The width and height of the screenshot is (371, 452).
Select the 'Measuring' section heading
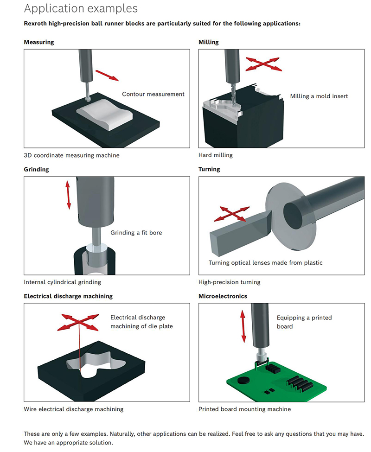(x=39, y=42)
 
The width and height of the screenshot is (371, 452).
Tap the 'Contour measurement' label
(x=153, y=94)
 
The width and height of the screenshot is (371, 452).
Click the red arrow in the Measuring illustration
(x=107, y=75)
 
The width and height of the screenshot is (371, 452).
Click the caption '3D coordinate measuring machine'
(x=71, y=155)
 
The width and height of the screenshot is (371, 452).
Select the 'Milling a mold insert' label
(x=319, y=96)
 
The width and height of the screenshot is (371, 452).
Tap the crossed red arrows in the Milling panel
(x=263, y=64)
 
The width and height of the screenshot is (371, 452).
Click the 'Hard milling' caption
(x=215, y=155)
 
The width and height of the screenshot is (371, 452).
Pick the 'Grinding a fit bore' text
(x=136, y=232)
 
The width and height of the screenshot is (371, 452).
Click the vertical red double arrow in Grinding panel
(x=68, y=195)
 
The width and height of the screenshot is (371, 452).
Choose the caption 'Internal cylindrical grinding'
(x=62, y=282)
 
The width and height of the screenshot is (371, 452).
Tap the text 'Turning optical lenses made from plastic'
(x=265, y=263)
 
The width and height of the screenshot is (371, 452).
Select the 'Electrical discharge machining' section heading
(x=68, y=296)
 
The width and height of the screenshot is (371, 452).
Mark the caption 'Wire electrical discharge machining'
(x=73, y=409)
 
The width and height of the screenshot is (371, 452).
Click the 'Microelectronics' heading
(x=223, y=296)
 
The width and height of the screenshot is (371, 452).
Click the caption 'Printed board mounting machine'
(x=244, y=409)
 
